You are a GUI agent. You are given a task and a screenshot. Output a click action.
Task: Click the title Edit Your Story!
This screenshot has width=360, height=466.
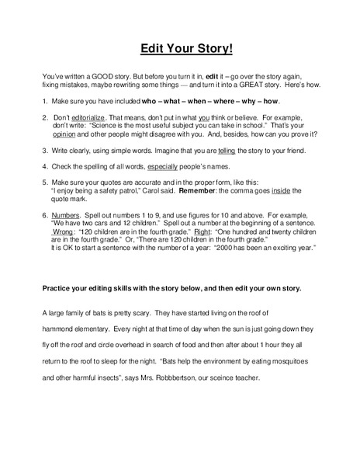pos(180,49)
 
